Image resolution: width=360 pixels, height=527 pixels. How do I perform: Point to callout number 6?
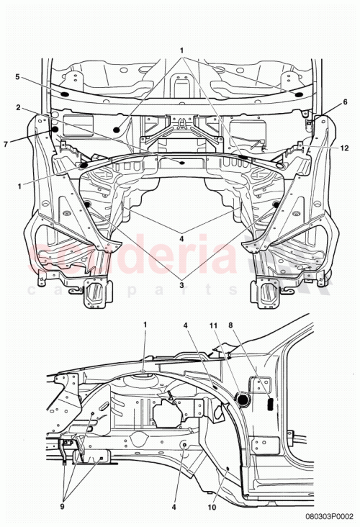(x=344, y=102)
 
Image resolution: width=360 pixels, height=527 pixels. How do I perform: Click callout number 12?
(x=345, y=148)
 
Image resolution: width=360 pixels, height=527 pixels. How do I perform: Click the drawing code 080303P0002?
(x=329, y=516)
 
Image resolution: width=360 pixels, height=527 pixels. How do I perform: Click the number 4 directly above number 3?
(x=181, y=238)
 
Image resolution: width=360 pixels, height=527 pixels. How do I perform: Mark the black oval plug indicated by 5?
(x=62, y=94)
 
